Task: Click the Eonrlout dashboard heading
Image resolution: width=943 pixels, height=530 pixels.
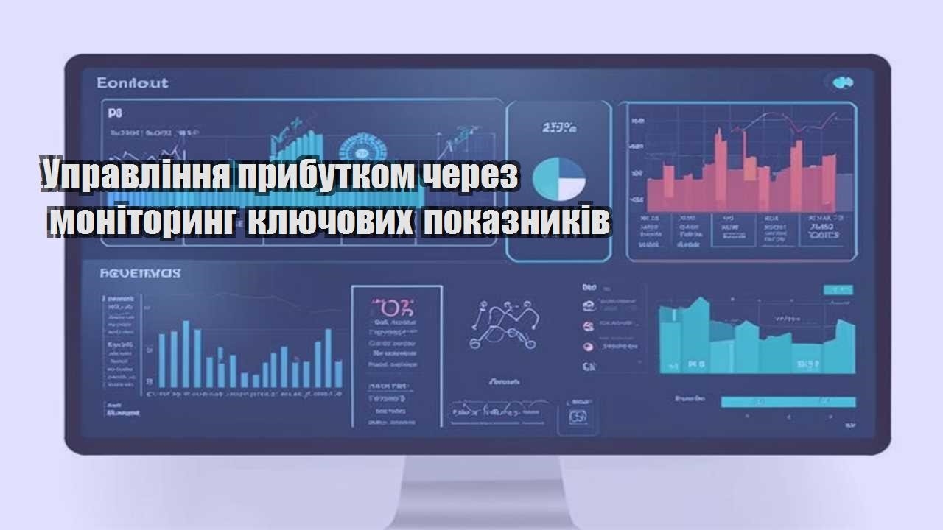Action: pos(133,82)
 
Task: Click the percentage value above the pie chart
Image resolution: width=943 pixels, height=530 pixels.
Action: pos(558,128)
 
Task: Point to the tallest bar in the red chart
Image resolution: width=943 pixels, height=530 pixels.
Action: pos(719,170)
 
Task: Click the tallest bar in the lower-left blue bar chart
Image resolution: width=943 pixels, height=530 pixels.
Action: pos(186,354)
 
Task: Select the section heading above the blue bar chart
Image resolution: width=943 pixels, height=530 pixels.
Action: pos(140,273)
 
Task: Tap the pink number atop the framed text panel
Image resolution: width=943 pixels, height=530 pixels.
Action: pos(393,306)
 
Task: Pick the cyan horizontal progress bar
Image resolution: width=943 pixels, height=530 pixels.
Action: pos(788,402)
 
